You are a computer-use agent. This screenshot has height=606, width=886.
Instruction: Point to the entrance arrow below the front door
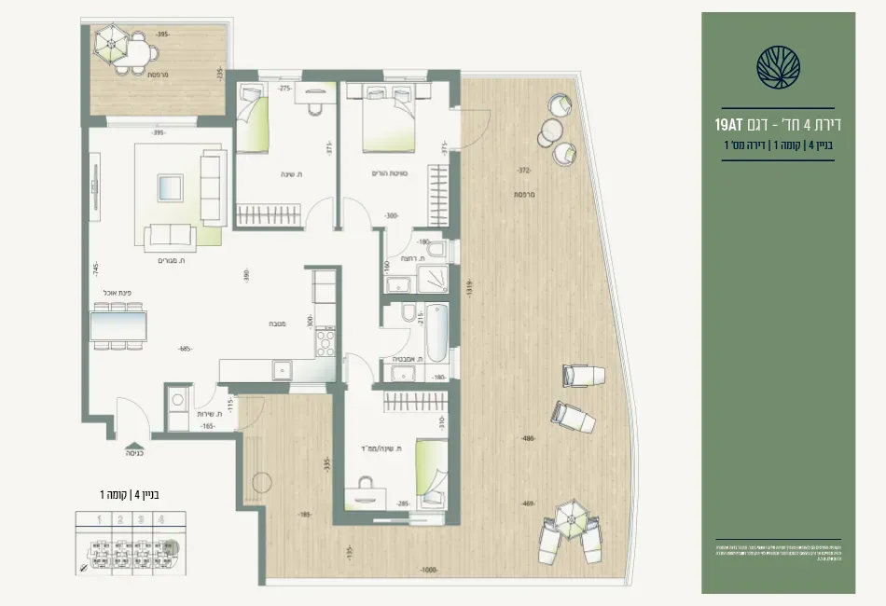[x=135, y=446]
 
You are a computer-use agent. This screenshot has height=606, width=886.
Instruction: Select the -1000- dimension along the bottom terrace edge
[x=429, y=570]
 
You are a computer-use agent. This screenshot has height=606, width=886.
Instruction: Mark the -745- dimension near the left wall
[x=95, y=269]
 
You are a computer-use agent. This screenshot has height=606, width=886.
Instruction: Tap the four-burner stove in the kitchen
[x=325, y=342]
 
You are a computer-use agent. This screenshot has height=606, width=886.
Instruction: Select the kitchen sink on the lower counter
[x=283, y=371]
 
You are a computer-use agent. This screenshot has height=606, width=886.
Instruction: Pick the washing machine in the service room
[x=177, y=402]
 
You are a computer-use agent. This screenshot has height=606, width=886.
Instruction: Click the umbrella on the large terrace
[x=570, y=517]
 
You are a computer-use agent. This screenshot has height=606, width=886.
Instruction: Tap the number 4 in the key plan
[x=162, y=520]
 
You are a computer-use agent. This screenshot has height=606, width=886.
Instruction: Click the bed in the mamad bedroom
[x=432, y=469]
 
